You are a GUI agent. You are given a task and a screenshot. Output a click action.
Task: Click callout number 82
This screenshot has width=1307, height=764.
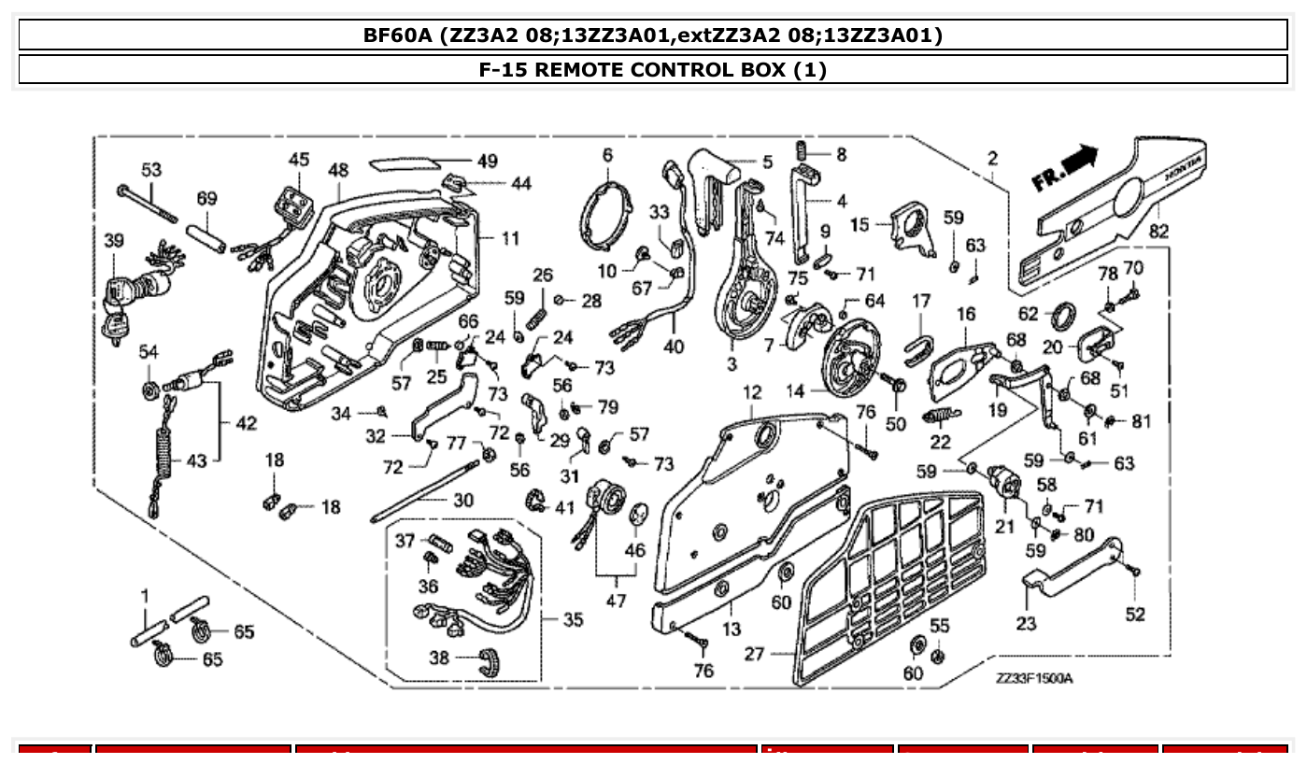point(1159,230)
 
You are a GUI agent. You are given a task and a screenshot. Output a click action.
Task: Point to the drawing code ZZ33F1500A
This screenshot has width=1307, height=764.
point(1033,678)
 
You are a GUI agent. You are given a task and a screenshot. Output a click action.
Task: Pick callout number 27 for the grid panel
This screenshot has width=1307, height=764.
point(753,654)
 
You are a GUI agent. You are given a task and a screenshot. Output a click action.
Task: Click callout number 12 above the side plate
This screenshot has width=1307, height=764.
point(752,393)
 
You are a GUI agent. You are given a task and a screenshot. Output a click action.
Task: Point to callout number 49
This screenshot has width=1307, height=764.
point(487,161)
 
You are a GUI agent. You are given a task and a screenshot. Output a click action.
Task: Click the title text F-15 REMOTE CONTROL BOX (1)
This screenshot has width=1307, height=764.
point(653,69)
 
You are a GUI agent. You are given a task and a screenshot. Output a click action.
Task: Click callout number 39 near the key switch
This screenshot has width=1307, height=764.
point(113,240)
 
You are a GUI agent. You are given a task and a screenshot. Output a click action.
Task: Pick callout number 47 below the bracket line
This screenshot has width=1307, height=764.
point(616,601)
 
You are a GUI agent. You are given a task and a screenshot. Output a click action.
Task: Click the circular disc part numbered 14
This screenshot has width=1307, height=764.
point(853,360)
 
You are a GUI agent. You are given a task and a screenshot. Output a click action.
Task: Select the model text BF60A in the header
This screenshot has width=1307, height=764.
point(399,35)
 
